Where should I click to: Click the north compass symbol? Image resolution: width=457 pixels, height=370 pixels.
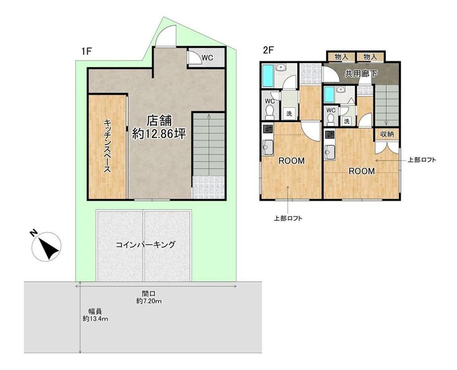pos(46,246)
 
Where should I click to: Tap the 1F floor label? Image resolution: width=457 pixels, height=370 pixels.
pos(87,52)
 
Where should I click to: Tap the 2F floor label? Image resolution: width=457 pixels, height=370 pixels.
pos(268,50)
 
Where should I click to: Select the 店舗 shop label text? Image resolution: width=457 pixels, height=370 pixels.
pos(159,120)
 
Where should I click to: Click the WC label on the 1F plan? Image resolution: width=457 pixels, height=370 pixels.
pos(208,58)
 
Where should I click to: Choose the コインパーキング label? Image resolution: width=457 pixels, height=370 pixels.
pos(146,245)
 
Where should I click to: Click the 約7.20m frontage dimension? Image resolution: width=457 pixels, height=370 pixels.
pos(149,301)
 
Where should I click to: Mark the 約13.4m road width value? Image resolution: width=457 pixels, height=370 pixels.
pos(95,319)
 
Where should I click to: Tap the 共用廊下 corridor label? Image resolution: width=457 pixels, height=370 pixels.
pos(361,74)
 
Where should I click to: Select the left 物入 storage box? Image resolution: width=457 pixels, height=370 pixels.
pos(341,57)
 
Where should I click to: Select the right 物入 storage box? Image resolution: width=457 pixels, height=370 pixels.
pos(371,57)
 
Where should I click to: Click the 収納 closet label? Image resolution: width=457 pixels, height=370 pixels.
pos(387,134)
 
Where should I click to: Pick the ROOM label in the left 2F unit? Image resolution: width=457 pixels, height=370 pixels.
pos(292,161)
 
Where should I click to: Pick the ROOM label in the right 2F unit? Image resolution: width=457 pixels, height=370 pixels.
pos(362,171)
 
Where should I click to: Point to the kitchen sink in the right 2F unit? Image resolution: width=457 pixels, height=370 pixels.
pos(330,152)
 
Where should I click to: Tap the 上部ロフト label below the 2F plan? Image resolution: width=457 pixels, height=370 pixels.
pos(288,218)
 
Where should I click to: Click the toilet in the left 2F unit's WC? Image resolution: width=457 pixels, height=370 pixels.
pos(270,112)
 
